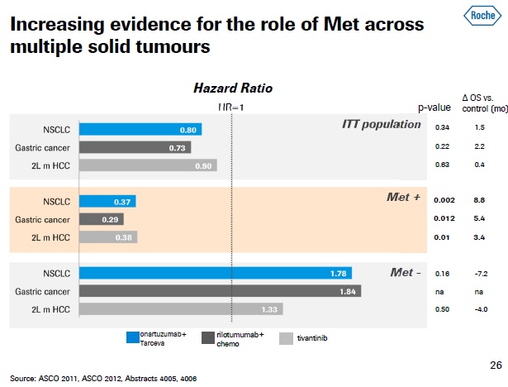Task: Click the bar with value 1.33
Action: pyautogui.click(x=182, y=308)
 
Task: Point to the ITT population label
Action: pyautogui.click(x=381, y=124)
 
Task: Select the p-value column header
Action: pyautogui.click(x=434, y=107)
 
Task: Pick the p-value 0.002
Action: pyautogui.click(x=444, y=201)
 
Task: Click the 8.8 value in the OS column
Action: pyautogui.click(x=479, y=201)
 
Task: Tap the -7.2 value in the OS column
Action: pyautogui.click(x=479, y=273)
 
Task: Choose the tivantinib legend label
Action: pyautogui.click(x=312, y=338)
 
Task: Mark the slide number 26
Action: pyautogui.click(x=496, y=365)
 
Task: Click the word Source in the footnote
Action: pyautogui.click(x=23, y=379)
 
